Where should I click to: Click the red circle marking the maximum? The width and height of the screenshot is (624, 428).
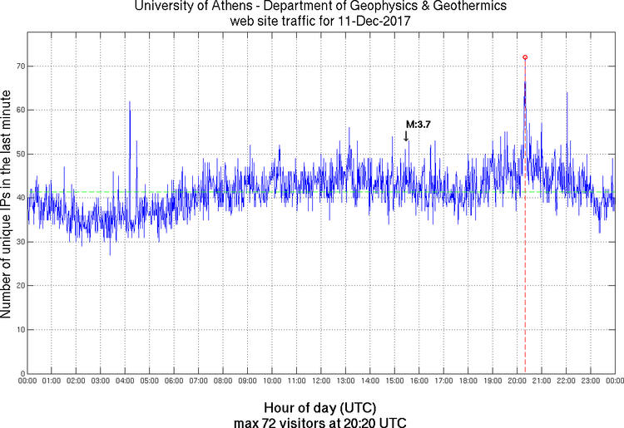pos(525,57)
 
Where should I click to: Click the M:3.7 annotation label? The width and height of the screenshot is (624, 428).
pos(418,124)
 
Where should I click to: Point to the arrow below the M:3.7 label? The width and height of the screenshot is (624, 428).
pos(406,136)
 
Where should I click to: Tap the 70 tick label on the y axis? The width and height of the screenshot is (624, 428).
pos(17,66)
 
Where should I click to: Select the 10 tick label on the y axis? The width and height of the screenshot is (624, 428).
pos(17,329)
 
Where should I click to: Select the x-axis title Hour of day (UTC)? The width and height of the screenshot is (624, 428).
pos(319,408)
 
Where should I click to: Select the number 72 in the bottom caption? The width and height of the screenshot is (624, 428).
pos(282,421)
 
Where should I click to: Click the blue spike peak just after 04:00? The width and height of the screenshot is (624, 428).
pos(130,102)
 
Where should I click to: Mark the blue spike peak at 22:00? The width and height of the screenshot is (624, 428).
pos(567,93)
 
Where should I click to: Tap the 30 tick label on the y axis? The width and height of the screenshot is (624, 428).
pos(17,242)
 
